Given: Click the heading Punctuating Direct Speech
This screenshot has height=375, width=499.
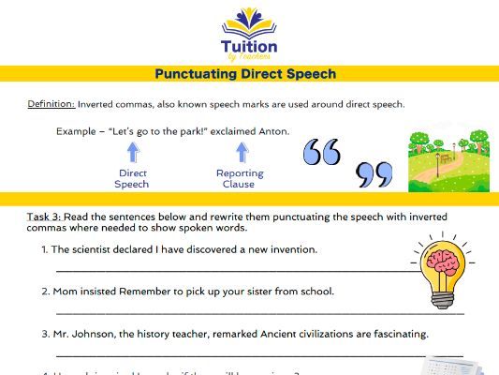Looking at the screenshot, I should [249, 73].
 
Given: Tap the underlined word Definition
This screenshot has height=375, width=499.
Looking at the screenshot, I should [51, 104].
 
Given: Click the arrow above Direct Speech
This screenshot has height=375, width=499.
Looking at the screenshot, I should [132, 152].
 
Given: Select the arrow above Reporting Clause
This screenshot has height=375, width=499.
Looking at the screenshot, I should [241, 152].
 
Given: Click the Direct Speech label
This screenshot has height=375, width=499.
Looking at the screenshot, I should [132, 179].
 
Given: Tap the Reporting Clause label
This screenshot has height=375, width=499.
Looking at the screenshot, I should [240, 179].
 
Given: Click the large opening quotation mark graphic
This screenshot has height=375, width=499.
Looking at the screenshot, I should [322, 150].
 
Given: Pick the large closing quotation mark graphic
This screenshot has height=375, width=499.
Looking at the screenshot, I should [374, 174].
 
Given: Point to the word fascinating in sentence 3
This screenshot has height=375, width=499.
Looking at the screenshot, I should [397, 334].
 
